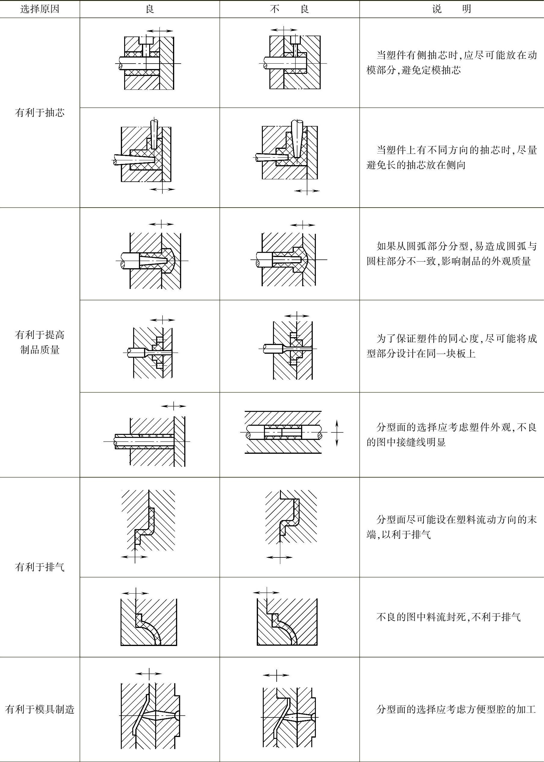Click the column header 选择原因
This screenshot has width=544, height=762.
tap(39, 9)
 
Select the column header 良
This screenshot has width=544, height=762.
tap(150, 9)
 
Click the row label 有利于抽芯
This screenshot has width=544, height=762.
tap(39, 113)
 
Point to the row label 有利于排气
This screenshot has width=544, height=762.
tap(39, 567)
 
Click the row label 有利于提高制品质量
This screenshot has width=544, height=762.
tap(39, 342)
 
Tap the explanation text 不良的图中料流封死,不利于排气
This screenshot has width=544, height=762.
tap(448, 617)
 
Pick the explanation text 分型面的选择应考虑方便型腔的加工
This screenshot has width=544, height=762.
tap(456, 709)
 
